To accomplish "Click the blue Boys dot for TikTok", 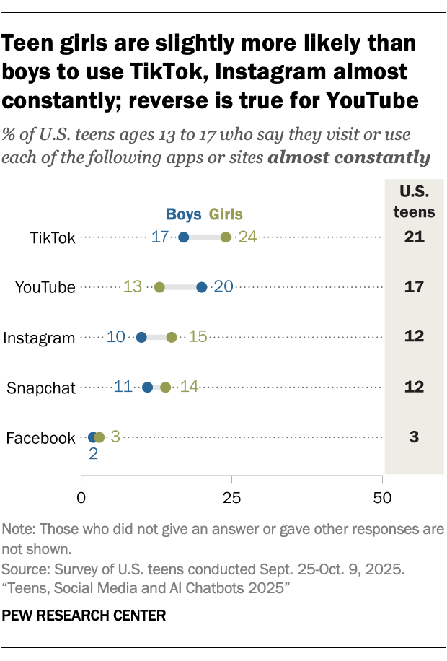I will tap(184, 237).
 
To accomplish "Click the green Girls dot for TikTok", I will tap(226, 237).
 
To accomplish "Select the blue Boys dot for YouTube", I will tap(202, 287).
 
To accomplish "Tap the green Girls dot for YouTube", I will tap(159, 287).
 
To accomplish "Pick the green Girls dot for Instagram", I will tap(172, 337).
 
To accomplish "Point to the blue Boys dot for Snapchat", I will tap(148, 387).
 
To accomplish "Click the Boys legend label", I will tap(185, 214).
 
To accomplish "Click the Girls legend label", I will tap(226, 214).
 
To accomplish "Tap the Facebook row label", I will tap(40, 437).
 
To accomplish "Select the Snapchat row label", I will tap(41, 388).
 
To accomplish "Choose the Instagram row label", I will tap(40, 338).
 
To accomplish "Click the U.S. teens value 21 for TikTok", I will tap(414, 237).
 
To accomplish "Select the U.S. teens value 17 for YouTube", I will tap(414, 287).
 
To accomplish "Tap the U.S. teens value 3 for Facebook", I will tap(414, 437).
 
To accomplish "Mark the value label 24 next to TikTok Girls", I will tap(247, 237).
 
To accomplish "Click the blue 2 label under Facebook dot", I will tap(92, 454).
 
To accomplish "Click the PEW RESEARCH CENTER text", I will tap(84, 616).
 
